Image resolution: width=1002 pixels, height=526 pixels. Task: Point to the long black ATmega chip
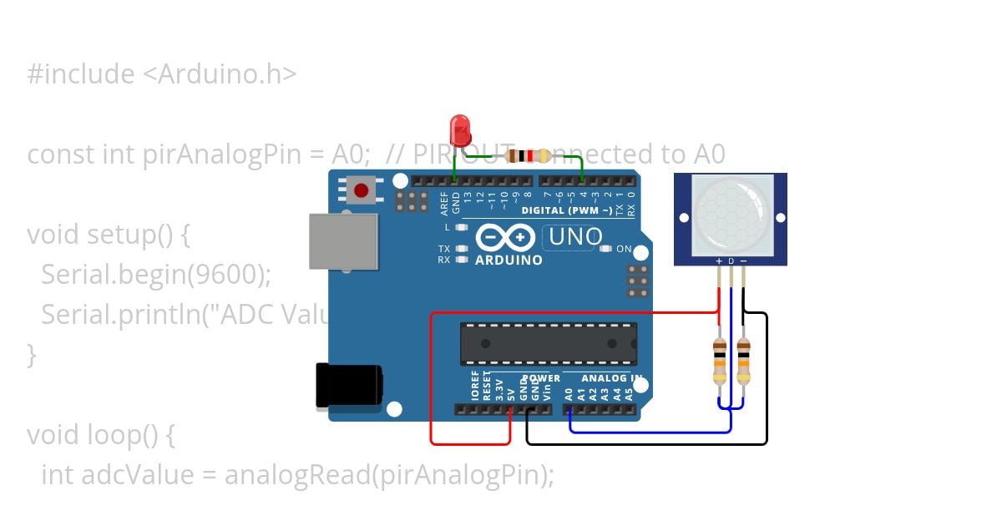pos(548,344)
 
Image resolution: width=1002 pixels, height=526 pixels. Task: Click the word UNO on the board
pos(573,238)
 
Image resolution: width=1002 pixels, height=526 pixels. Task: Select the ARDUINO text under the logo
pos(509,260)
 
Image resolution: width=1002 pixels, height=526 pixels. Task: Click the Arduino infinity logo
pos(506,238)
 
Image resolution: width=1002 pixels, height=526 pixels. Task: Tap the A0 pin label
pos(569,393)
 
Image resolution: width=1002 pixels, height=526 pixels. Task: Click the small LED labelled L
pos(460,227)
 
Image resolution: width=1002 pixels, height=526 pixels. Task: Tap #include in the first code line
pos(80,75)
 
